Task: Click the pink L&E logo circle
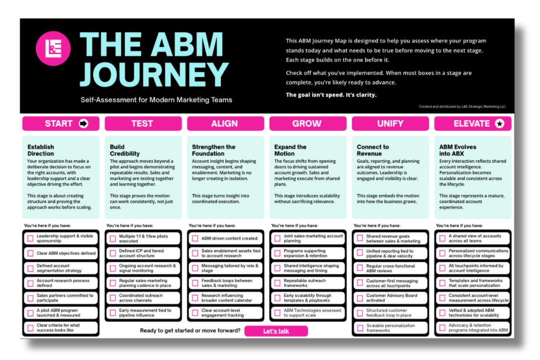53,49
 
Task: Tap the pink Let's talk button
276,331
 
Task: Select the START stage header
60,124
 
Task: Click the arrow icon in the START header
84,124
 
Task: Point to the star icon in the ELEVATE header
500,124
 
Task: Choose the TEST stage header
143,124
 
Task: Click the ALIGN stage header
225,124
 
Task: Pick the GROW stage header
307,124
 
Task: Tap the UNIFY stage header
390,124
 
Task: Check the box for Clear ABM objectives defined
31,253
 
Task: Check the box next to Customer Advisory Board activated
360,298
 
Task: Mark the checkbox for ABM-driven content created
195,238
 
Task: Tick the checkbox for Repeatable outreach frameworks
278,283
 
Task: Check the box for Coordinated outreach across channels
113,298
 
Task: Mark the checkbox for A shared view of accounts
442,238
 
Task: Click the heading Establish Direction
41,150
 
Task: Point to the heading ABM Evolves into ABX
458,150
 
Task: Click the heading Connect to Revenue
373,150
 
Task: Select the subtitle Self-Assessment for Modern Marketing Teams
156,100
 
